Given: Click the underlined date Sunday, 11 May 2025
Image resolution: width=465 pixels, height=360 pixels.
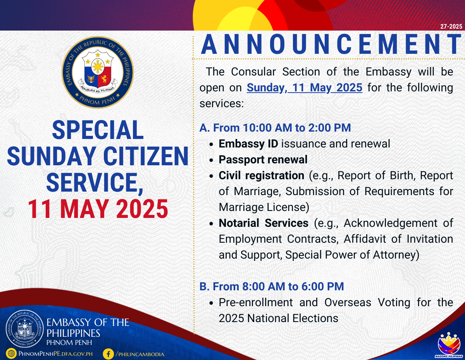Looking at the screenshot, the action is click(304, 87).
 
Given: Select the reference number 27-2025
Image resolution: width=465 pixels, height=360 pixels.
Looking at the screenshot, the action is click(451, 26).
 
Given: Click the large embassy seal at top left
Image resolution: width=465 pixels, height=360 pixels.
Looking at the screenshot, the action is click(98, 72).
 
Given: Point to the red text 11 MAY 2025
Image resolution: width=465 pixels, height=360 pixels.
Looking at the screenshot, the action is click(98, 209).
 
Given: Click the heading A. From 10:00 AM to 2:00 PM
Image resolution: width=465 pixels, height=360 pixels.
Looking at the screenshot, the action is click(275, 128).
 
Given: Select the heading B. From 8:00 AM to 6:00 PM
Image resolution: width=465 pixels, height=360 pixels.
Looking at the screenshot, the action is click(272, 286).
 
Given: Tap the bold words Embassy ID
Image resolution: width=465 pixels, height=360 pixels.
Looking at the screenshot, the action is click(248, 144).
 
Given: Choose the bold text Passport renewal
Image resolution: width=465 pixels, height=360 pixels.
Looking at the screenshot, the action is click(263, 160).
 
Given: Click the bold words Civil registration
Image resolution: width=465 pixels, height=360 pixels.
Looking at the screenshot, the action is click(262, 176).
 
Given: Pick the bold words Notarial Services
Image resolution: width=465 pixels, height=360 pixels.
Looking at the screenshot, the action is click(263, 223).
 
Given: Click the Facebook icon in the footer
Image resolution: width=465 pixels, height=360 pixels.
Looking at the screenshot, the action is click(108, 354).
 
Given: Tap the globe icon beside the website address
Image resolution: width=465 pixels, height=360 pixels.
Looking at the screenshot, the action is click(11, 353).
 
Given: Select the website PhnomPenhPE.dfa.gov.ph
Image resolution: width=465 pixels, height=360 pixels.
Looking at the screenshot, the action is click(56, 354).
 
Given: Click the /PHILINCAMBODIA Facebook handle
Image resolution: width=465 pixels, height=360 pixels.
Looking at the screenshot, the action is click(140, 354).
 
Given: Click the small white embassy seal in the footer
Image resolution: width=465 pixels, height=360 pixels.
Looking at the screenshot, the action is click(25, 329).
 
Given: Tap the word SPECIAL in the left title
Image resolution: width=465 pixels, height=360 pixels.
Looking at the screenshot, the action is click(98, 130).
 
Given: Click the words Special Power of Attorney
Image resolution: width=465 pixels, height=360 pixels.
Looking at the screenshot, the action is click(352, 255).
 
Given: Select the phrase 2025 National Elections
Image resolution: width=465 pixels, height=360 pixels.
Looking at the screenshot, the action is click(278, 318).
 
